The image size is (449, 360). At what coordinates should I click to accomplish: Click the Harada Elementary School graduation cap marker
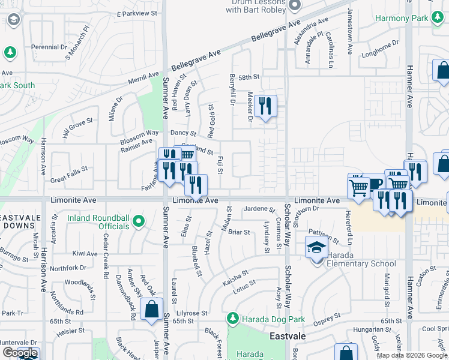pyautogui.click(x=316, y=246)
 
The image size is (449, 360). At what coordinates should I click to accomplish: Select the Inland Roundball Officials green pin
pyautogui.click(x=139, y=221)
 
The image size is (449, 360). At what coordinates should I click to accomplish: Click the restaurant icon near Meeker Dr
pyautogui.click(x=265, y=106)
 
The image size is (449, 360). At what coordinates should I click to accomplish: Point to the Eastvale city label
pyautogui.click(x=288, y=337)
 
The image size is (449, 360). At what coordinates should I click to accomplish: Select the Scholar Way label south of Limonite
pyautogui.click(x=288, y=240)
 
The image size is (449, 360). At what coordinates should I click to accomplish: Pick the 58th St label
pyautogui.click(x=248, y=77)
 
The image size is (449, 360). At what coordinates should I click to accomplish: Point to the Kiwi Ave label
pyautogui.click(x=84, y=253)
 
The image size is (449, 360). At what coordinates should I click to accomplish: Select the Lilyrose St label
pyautogui.click(x=191, y=313)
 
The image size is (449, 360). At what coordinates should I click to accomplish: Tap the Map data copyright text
pyautogui.click(x=412, y=356)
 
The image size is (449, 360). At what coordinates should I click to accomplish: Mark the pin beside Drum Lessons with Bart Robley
pyautogui.click(x=294, y=6)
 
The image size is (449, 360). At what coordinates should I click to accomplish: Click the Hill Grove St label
pyautogui.click(x=77, y=129)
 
